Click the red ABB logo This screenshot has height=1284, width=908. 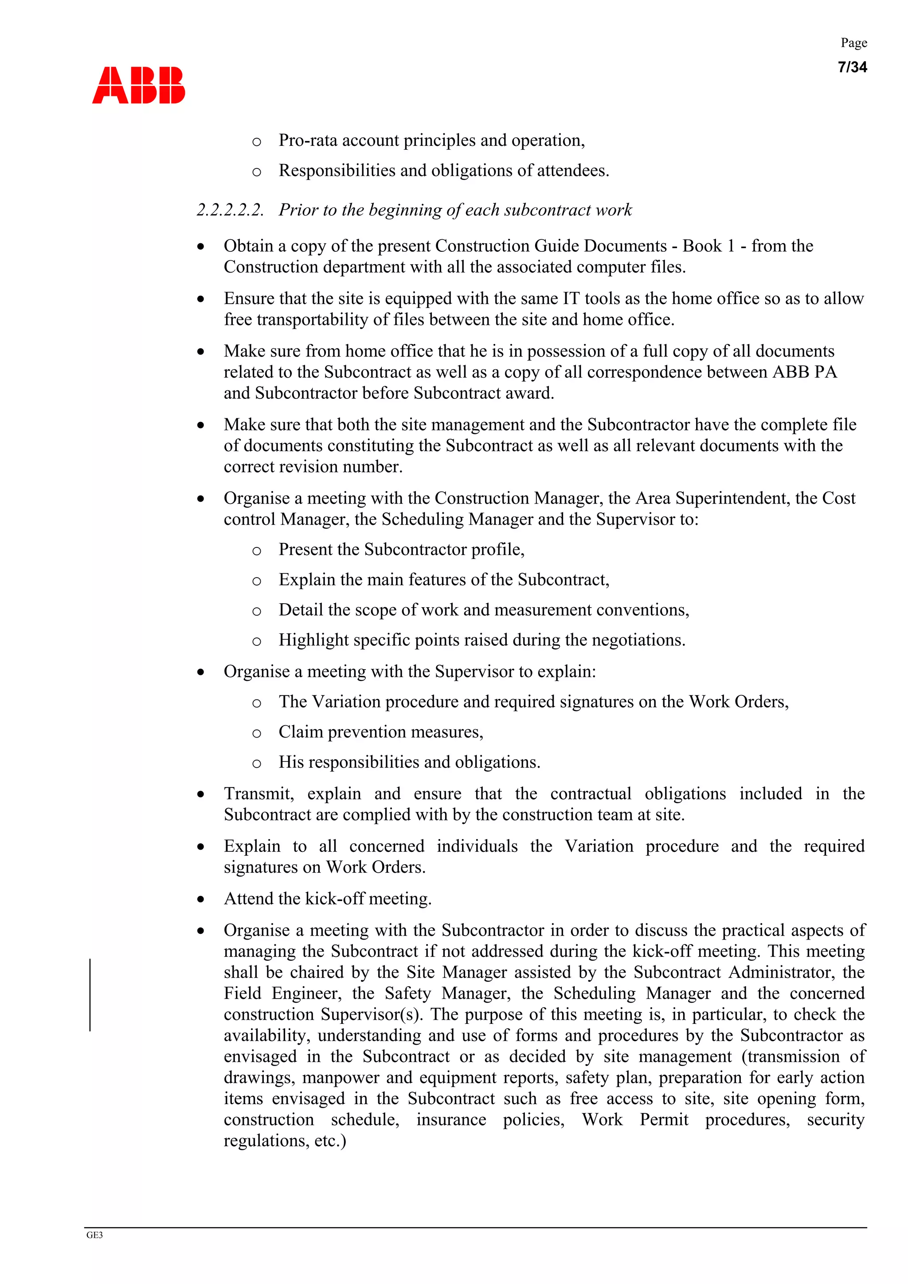pyautogui.click(x=138, y=85)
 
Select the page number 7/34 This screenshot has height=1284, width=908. pyautogui.click(x=852, y=67)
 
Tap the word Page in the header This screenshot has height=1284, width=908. pyautogui.click(x=854, y=43)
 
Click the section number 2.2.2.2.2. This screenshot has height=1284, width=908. pyautogui.click(x=230, y=210)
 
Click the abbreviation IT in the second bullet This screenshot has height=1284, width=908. pyautogui.click(x=571, y=298)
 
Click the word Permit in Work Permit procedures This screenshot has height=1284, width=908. pyautogui.click(x=664, y=1120)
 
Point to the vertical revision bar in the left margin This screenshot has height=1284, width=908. pyautogui.click(x=90, y=995)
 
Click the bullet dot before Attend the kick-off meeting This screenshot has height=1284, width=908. pyautogui.click(x=201, y=900)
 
